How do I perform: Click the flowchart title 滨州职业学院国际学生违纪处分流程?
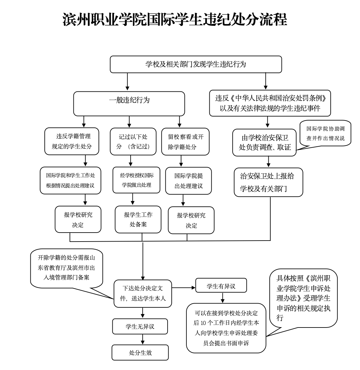[x=175, y=20]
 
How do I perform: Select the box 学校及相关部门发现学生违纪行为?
[x=196, y=64]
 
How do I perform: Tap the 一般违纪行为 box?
[x=129, y=103]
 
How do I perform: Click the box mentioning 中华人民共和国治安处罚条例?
[x=270, y=103]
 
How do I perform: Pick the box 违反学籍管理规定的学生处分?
[x=72, y=141]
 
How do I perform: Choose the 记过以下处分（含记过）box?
[x=133, y=142]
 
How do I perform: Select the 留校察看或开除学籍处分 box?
[x=185, y=142]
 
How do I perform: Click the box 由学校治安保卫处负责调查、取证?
[x=265, y=143]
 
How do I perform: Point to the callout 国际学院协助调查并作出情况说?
[x=325, y=133]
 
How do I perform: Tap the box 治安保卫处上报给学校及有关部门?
[x=268, y=182]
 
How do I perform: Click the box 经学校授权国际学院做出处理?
[x=136, y=180]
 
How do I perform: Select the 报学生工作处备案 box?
[x=138, y=219]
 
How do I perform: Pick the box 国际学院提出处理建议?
[x=188, y=181]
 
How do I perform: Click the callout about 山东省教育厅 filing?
[x=66, y=268]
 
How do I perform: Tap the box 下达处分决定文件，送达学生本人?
[x=143, y=293]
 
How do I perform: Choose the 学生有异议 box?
[x=221, y=286]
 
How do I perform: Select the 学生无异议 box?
[x=140, y=326]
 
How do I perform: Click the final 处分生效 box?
[x=140, y=352]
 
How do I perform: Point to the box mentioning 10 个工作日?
[x=226, y=328]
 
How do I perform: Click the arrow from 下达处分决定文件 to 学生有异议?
[x=184, y=288]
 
